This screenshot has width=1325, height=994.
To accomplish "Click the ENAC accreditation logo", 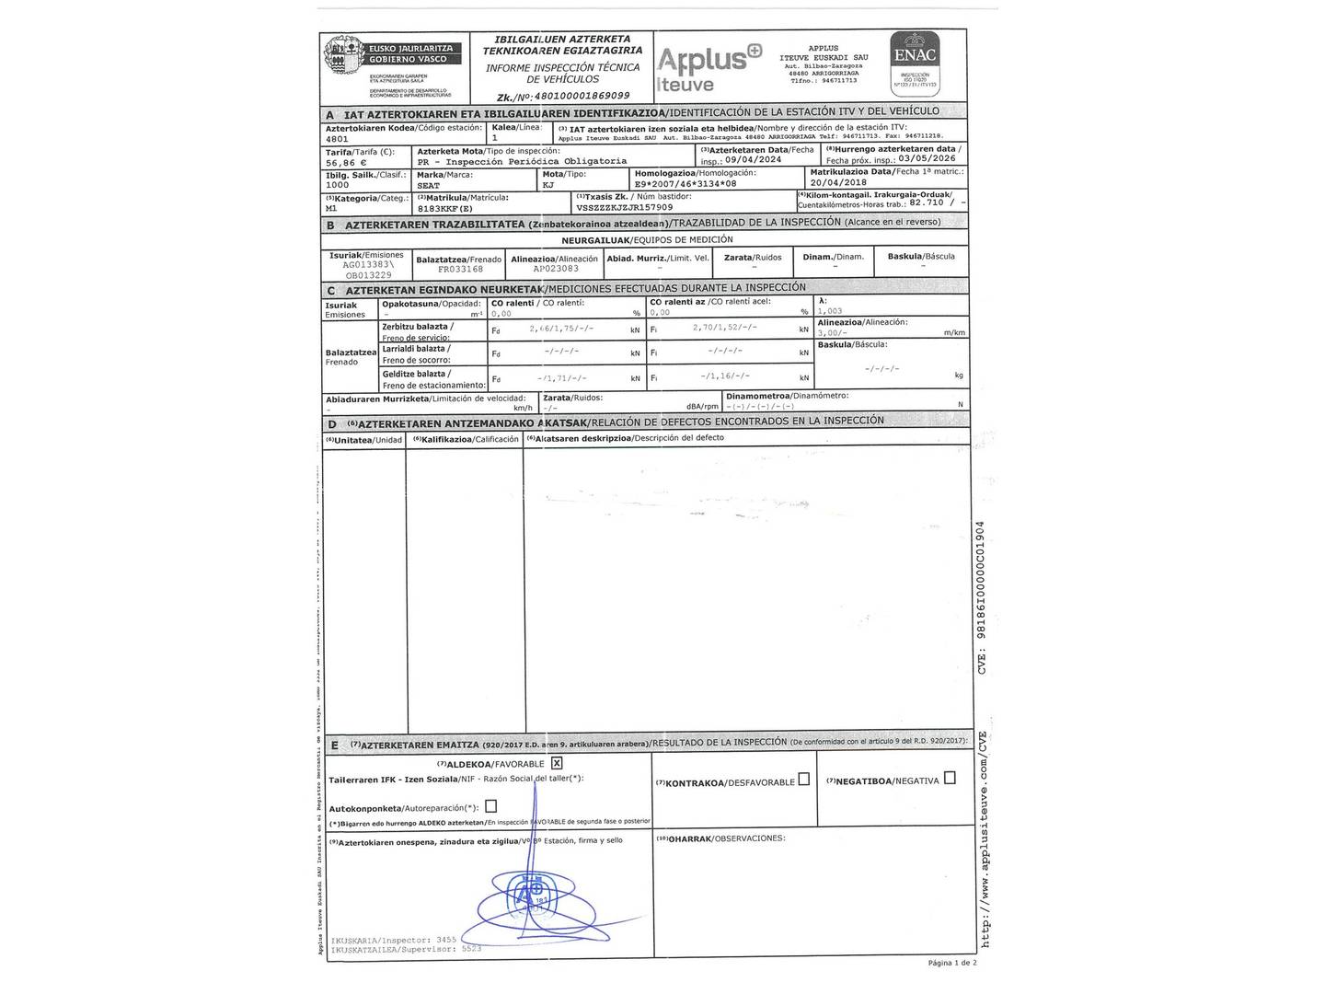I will tap(916, 64).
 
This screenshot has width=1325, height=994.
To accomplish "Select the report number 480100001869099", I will tap(574, 96).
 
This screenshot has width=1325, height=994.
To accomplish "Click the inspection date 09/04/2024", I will tap(754, 158).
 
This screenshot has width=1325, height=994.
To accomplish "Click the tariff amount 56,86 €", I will tap(346, 162).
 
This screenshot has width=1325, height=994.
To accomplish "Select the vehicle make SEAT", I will tap(429, 185).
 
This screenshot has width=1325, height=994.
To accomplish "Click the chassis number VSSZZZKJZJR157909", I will tap(626, 208).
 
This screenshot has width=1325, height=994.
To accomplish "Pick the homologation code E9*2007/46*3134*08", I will tap(686, 184).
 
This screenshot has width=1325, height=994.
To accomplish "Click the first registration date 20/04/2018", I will tap(839, 182).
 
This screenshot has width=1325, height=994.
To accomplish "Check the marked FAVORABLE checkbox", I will tap(557, 763).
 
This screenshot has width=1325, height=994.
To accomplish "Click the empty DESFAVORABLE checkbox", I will tap(804, 780).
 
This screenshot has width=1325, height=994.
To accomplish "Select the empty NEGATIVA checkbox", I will tap(950, 778).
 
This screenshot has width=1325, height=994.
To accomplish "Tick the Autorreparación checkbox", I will tap(490, 806).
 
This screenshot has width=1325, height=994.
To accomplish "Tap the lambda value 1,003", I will tap(830, 312).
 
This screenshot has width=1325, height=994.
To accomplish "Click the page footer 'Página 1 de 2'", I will tap(952, 963).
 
